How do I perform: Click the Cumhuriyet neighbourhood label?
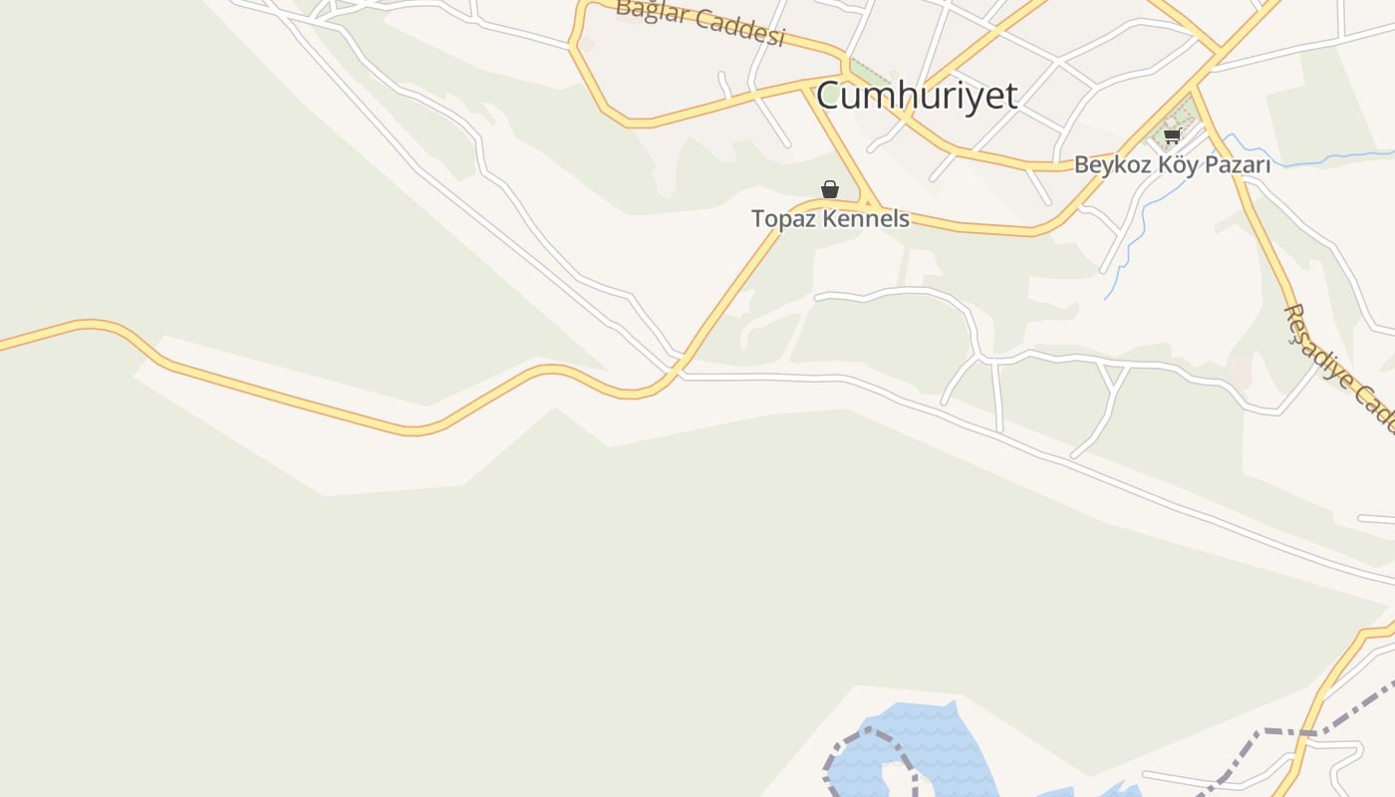[917, 97]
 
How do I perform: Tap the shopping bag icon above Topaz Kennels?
[829, 189]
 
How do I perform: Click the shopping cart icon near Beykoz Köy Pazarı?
[1172, 135]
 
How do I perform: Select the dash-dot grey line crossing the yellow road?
[1285, 733]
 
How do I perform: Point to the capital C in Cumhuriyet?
[829, 97]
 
